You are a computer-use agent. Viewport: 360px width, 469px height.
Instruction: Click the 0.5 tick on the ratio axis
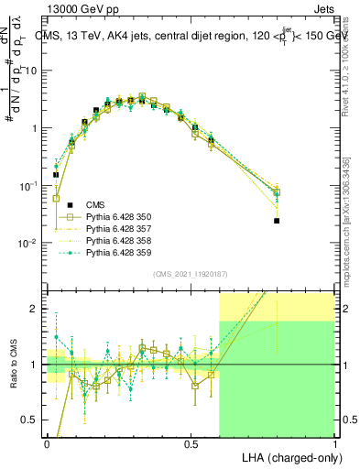(35, 420)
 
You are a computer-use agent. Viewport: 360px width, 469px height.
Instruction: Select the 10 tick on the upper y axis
(35, 71)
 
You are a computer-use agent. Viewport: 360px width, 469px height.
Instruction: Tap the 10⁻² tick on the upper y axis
(33, 243)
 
